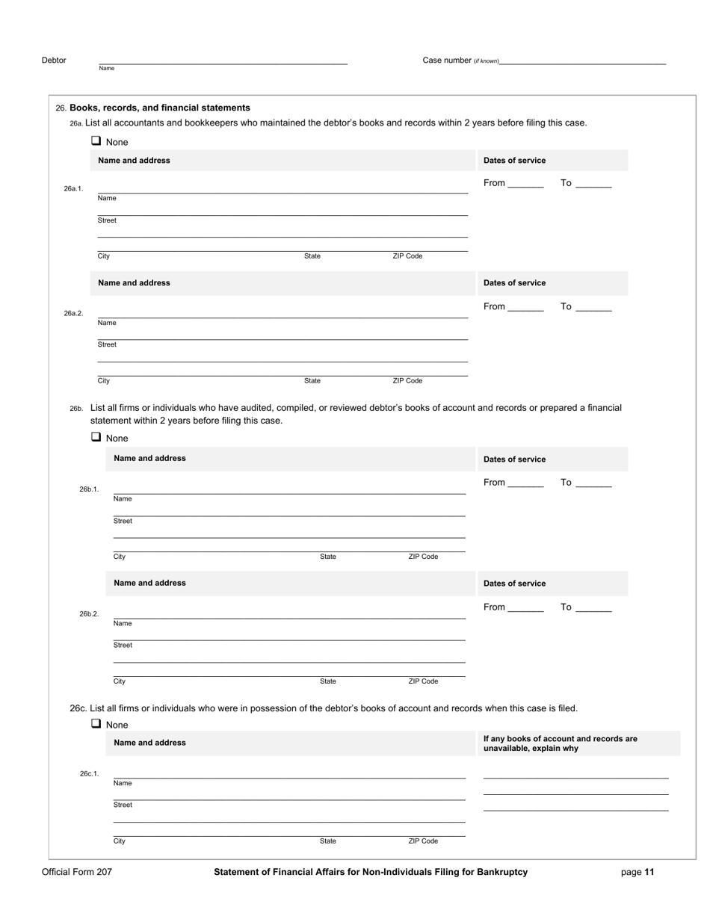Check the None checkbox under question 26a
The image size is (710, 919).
(96, 141)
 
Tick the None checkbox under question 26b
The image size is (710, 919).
(96, 438)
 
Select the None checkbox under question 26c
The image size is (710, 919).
(96, 724)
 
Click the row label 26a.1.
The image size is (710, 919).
(73, 189)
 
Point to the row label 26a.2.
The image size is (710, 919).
(73, 314)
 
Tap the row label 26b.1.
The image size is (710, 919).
(89, 489)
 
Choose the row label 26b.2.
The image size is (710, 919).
(89, 614)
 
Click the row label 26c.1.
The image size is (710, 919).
(89, 774)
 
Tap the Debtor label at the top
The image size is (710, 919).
(54, 61)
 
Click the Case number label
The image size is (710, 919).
(447, 61)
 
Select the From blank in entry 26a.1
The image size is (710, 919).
(525, 185)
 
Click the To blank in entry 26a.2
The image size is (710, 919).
(594, 308)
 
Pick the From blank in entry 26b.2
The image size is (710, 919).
(525, 608)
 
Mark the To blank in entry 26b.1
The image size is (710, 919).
(594, 484)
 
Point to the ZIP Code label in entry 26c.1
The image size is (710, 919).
(423, 841)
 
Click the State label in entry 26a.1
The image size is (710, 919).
(312, 256)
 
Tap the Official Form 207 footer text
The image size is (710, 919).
(77, 872)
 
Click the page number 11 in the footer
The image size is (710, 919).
(649, 872)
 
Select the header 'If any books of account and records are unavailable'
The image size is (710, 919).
(561, 743)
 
